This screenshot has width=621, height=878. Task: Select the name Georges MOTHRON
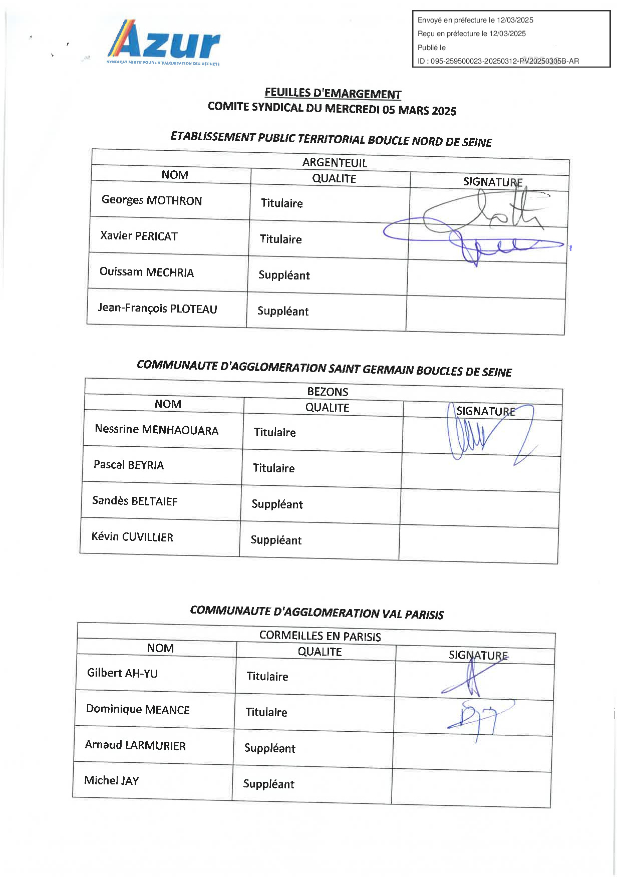click(x=152, y=200)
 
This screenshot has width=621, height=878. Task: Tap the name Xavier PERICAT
click(x=139, y=236)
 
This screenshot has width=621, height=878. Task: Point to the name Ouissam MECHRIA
click(x=146, y=272)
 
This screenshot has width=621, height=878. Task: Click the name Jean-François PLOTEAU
click(x=157, y=308)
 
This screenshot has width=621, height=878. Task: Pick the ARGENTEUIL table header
click(x=335, y=163)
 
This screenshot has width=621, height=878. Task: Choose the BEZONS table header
click(x=328, y=392)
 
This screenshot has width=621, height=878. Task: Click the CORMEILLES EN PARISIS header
click(x=320, y=636)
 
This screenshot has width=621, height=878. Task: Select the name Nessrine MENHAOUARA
click(x=156, y=430)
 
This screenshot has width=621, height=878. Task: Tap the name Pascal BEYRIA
click(x=128, y=465)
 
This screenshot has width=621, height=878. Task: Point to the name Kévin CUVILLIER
click(x=132, y=537)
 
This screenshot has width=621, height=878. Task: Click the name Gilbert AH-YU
click(x=122, y=673)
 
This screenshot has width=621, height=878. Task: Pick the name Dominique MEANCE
click(x=138, y=709)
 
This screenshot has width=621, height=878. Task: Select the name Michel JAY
click(x=111, y=780)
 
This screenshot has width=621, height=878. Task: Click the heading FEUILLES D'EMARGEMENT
click(x=333, y=94)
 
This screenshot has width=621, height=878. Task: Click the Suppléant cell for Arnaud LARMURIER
click(x=269, y=748)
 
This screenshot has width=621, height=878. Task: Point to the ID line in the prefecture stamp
click(x=498, y=61)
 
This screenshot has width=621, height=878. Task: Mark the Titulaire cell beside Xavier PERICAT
click(x=280, y=239)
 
